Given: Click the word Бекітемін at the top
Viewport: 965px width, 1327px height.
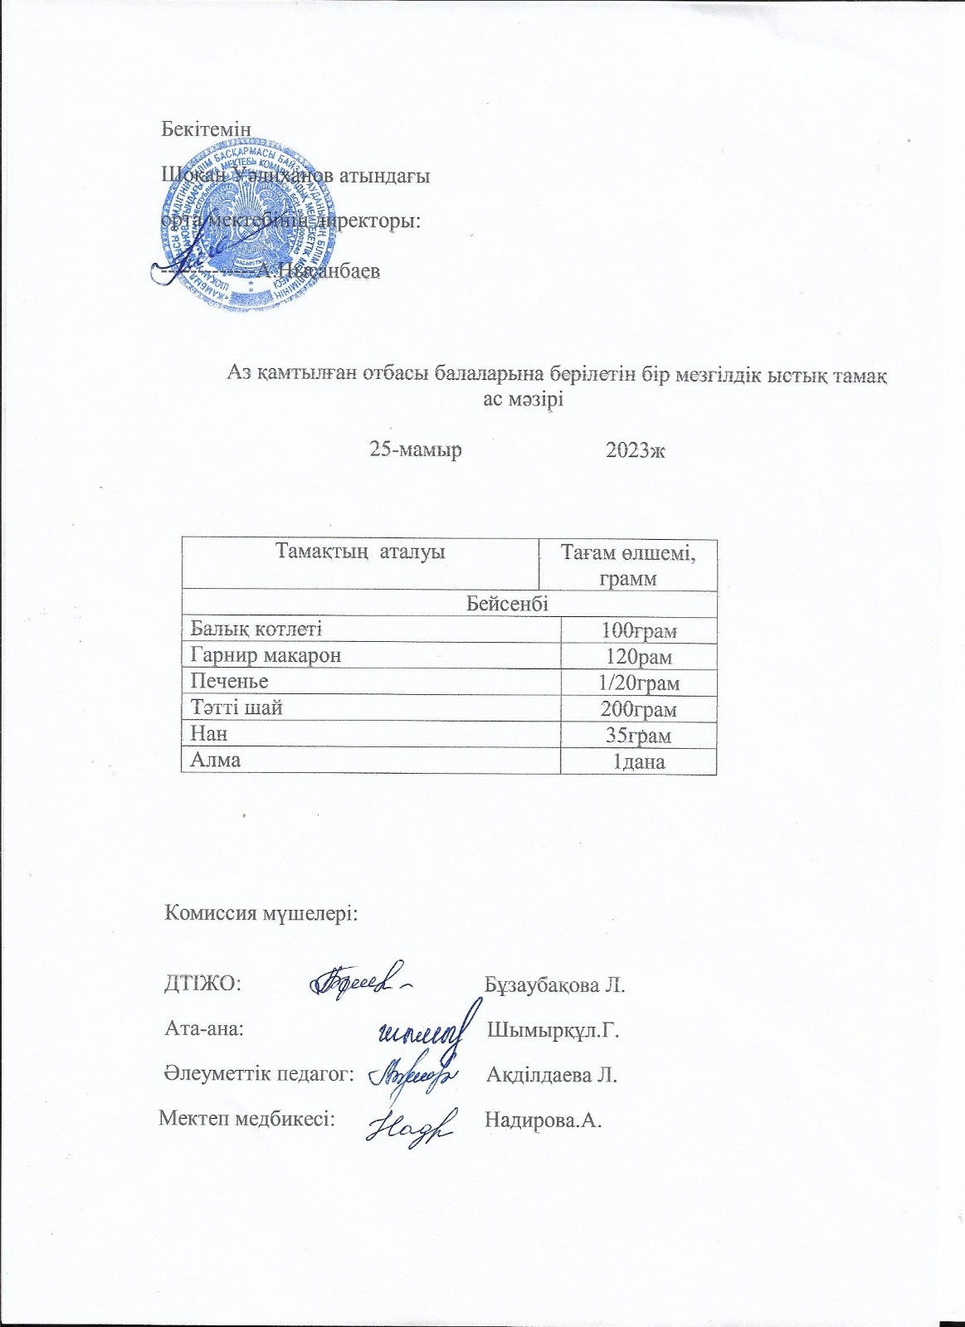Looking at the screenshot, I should point(205,129).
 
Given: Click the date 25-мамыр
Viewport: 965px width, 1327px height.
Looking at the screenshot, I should point(416,450).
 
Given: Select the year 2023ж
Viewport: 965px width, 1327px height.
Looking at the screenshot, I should point(636,450).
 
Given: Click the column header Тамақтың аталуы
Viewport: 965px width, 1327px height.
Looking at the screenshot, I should point(360,552).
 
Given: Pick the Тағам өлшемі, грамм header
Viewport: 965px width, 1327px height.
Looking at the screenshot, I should point(628,565).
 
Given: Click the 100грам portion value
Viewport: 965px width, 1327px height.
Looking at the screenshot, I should point(638,631).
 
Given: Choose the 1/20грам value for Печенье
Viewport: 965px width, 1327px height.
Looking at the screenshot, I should point(638,683).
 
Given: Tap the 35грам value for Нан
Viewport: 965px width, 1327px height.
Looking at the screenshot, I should point(638,736).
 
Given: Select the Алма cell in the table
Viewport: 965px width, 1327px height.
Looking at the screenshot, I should point(216,760).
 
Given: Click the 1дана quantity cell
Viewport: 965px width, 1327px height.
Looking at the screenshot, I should point(638,761).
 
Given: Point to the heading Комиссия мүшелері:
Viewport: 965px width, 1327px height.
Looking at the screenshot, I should point(261,913).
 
